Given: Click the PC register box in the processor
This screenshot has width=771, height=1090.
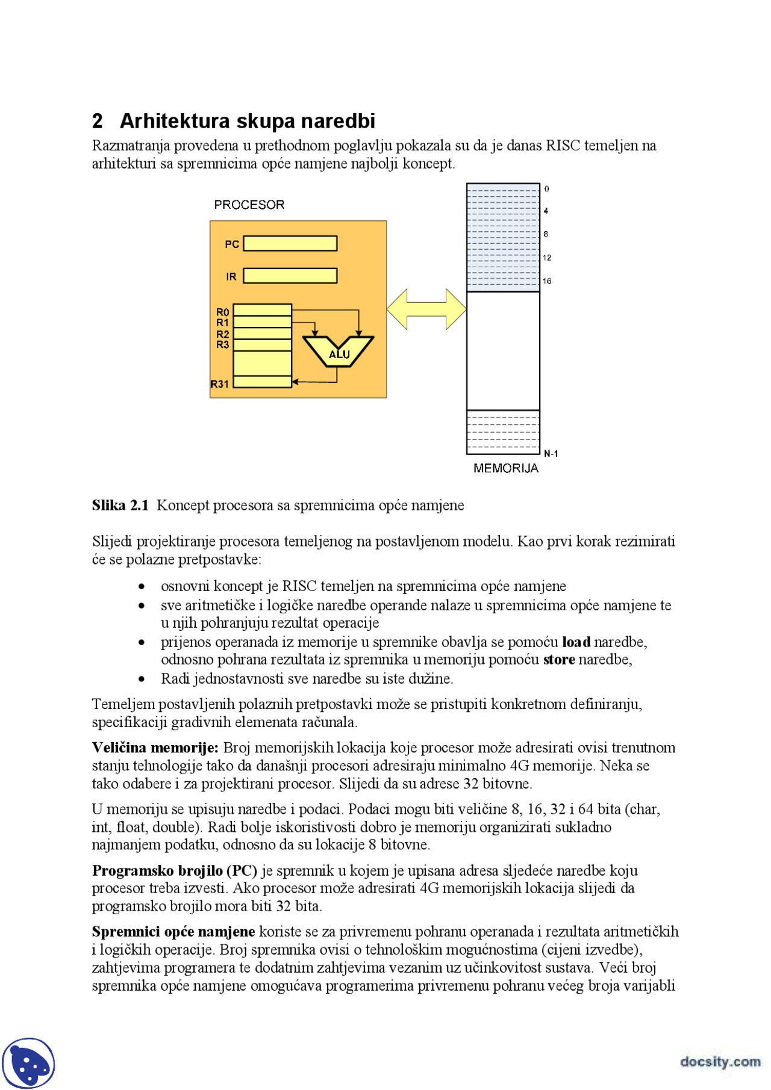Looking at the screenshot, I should tap(290, 243).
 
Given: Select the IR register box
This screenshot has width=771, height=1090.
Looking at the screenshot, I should tap(290, 276).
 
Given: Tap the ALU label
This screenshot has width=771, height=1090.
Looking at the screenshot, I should tap(339, 355).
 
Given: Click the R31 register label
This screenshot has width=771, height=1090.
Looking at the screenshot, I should tap(220, 384).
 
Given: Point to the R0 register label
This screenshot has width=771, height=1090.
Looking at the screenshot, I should tap(223, 312).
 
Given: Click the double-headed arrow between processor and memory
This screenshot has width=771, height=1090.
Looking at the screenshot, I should tap(426, 309).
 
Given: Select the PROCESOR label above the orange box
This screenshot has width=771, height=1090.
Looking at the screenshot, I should tap(249, 205).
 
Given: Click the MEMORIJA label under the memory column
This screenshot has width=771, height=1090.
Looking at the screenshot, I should tap(505, 468).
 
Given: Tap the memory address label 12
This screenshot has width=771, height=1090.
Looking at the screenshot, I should tap(547, 258).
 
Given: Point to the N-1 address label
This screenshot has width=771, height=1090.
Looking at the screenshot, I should tap(551, 454).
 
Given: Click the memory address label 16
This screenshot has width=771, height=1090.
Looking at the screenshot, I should tap(547, 281).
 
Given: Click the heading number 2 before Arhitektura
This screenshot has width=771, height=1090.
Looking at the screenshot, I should tap(98, 121).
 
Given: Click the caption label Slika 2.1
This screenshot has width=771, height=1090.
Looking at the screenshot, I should tap(120, 505).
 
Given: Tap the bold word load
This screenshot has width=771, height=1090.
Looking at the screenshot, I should tap(576, 642).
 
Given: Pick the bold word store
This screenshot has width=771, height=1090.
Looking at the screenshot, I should tap(559, 660).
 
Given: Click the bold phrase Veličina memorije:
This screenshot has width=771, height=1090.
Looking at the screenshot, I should tap(155, 748).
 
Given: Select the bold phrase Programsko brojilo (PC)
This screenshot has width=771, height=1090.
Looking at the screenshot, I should tap(174, 870).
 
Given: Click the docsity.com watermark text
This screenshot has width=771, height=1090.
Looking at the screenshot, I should tap(720, 1061).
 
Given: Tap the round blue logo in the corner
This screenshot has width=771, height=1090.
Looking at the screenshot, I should tap(28, 1064).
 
